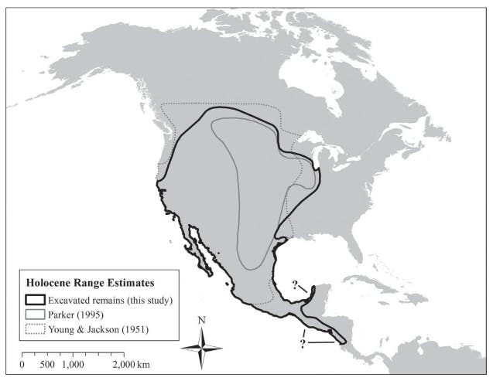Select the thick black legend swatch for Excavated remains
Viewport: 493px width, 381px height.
(x=34, y=299)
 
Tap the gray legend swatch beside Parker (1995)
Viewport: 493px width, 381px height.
(x=34, y=314)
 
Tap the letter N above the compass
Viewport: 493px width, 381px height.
(x=201, y=320)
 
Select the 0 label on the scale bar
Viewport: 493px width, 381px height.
(x=22, y=364)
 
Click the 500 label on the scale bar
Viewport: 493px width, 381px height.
(x=48, y=364)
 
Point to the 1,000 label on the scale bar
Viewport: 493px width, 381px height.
(x=74, y=364)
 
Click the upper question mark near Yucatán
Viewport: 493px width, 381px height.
(x=296, y=284)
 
